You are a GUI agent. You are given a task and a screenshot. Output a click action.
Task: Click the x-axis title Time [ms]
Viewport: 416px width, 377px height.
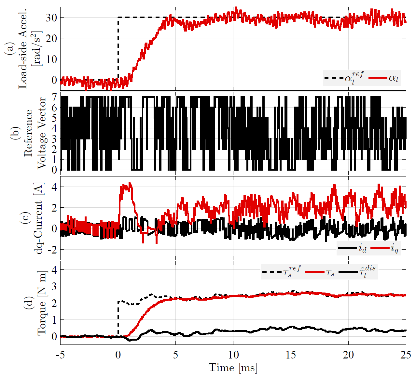(x=233, y=368)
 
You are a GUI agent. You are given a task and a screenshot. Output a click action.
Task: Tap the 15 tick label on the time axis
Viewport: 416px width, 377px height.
(x=291, y=355)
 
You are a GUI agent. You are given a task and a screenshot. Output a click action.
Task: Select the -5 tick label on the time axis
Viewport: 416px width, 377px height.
(x=60, y=355)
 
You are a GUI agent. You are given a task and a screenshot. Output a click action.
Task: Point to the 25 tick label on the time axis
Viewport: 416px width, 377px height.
(x=406, y=355)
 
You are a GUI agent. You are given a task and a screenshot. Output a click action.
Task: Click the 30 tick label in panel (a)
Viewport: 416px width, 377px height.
(x=51, y=18)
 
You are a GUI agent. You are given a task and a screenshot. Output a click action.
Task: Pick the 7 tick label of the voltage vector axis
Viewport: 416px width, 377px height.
(x=54, y=97)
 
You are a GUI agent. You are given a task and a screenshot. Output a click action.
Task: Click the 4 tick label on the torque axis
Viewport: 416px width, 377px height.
(x=54, y=270)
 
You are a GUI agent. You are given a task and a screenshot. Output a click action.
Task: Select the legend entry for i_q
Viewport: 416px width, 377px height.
(x=394, y=249)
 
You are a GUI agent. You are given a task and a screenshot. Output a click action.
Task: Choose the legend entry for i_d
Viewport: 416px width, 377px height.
(x=362, y=249)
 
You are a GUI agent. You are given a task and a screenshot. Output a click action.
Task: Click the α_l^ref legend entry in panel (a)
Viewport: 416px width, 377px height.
(x=354, y=78)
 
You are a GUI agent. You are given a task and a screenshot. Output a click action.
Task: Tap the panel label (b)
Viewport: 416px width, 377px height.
(x=15, y=133)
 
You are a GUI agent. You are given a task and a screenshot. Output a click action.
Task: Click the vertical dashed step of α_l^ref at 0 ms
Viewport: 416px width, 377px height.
(x=118, y=49)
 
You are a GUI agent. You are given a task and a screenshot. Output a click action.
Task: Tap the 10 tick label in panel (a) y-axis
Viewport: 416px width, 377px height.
(x=51, y=59)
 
